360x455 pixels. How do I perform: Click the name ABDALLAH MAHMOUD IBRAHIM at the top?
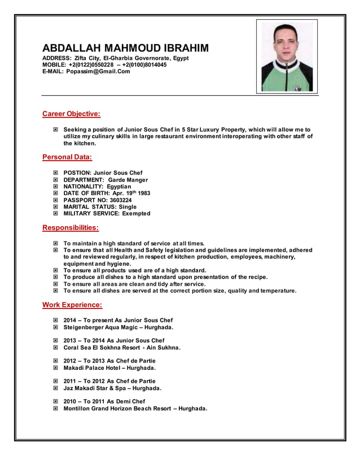125,48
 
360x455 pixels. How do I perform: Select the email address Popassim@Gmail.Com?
98,72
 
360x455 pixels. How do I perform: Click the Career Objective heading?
71,114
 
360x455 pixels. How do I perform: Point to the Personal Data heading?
67,157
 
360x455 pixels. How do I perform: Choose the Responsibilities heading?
71,228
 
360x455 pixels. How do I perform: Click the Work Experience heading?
72,305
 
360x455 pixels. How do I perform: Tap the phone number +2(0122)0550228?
90,65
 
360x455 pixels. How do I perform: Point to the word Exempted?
133,214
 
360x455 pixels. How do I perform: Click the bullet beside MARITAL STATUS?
55,207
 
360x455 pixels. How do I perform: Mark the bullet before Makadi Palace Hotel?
55,368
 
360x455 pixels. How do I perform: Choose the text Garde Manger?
128,180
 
